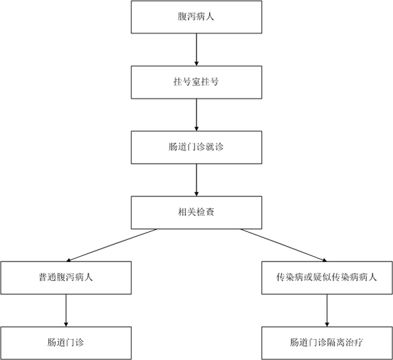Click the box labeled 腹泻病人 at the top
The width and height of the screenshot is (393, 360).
click(196, 17)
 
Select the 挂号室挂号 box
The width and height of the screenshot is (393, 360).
click(196, 82)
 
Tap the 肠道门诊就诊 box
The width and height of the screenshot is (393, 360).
click(196, 147)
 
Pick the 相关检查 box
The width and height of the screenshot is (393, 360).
click(196, 213)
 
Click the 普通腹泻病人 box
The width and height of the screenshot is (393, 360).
click(66, 278)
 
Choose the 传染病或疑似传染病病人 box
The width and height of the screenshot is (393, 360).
click(327, 278)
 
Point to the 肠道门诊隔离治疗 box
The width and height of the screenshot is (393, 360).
click(327, 343)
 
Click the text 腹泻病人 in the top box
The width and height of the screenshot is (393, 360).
click(196, 17)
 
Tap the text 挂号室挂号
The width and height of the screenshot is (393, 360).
click(196, 82)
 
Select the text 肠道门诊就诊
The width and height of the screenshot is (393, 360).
click(196, 147)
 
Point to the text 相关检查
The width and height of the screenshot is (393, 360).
click(196, 213)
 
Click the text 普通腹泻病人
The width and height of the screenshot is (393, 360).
click(66, 278)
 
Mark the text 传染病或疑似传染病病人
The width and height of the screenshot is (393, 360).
click(327, 278)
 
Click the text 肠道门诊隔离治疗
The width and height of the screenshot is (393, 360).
click(327, 343)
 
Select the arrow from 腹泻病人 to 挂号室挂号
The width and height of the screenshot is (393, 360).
click(196, 50)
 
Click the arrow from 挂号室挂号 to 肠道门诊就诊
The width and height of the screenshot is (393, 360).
click(196, 115)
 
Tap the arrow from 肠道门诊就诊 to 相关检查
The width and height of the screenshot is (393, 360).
click(196, 180)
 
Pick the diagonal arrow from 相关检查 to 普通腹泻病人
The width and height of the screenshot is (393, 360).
click(111, 245)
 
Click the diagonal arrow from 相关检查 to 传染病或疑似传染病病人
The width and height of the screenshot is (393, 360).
click(284, 245)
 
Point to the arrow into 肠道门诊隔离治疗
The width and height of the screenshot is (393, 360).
click(327, 310)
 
